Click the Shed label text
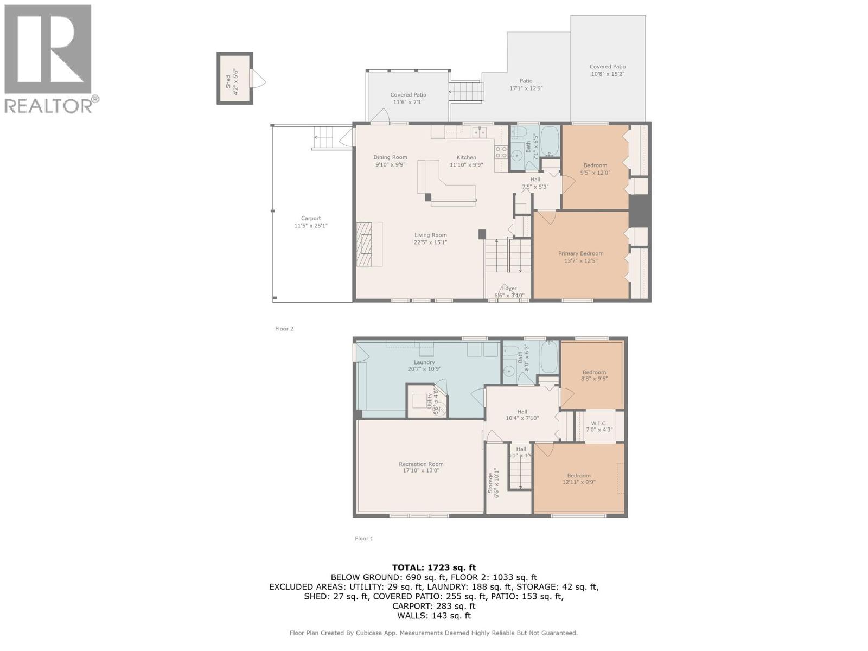click(x=228, y=81)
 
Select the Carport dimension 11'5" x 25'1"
click(x=311, y=226)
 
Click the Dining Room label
click(x=390, y=157)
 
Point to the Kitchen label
click(x=466, y=157)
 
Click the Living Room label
click(x=430, y=235)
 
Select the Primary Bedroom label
click(x=580, y=253)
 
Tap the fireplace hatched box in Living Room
click(x=369, y=244)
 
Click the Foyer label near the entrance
click(x=509, y=288)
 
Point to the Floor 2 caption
click(x=284, y=329)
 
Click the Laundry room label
click(x=424, y=362)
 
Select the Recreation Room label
click(x=421, y=464)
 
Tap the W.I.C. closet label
click(x=599, y=423)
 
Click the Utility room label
click(x=430, y=404)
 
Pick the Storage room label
click(x=490, y=483)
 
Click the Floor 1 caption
click(x=364, y=539)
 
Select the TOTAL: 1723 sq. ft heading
click(x=434, y=567)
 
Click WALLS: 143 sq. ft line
click(x=434, y=616)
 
